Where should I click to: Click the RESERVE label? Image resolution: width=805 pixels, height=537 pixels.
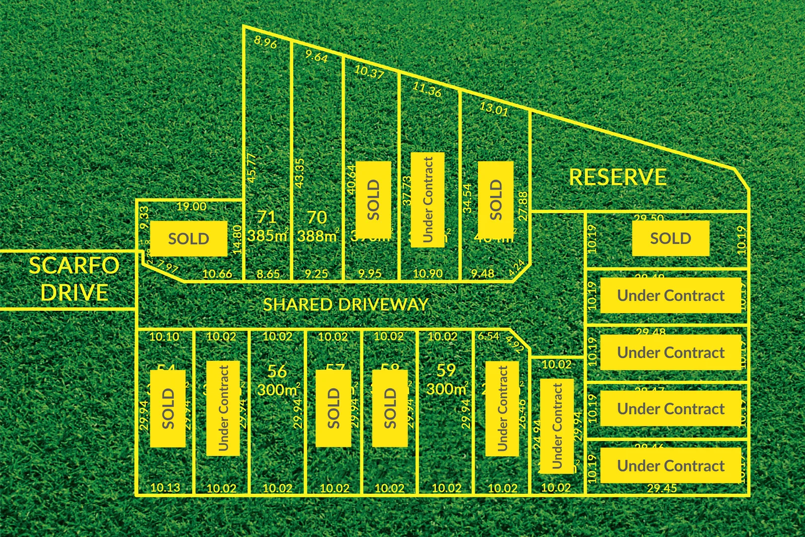pos(617,178)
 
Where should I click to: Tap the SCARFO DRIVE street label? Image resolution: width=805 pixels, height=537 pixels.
pos(74,279)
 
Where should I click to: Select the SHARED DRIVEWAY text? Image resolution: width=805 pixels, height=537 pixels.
pos(345,304)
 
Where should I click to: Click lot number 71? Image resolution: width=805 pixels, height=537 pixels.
pos(267,217)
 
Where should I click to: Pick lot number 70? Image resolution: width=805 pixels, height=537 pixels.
pos(317,217)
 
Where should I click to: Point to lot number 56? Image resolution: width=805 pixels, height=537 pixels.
pos(277,371)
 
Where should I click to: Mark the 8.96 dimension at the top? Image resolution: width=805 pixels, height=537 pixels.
pos(265,42)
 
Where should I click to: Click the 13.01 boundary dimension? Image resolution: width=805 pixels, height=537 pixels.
pos(493,108)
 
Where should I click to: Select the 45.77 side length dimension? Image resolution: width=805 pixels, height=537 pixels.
pos(251,168)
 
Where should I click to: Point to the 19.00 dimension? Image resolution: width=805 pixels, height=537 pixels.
pos(191,206)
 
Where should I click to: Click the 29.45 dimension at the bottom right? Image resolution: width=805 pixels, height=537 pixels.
pos(662,488)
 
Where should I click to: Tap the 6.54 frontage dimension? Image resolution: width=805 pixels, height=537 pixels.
pos(488,336)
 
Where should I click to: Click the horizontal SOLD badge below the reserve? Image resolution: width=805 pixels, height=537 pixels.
pos(670,239)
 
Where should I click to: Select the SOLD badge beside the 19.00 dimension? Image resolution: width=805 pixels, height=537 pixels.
pos(188,239)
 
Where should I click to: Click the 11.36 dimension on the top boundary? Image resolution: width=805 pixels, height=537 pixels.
pos(427,90)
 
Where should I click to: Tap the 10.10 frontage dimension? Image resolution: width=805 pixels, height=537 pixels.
pos(164,337)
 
